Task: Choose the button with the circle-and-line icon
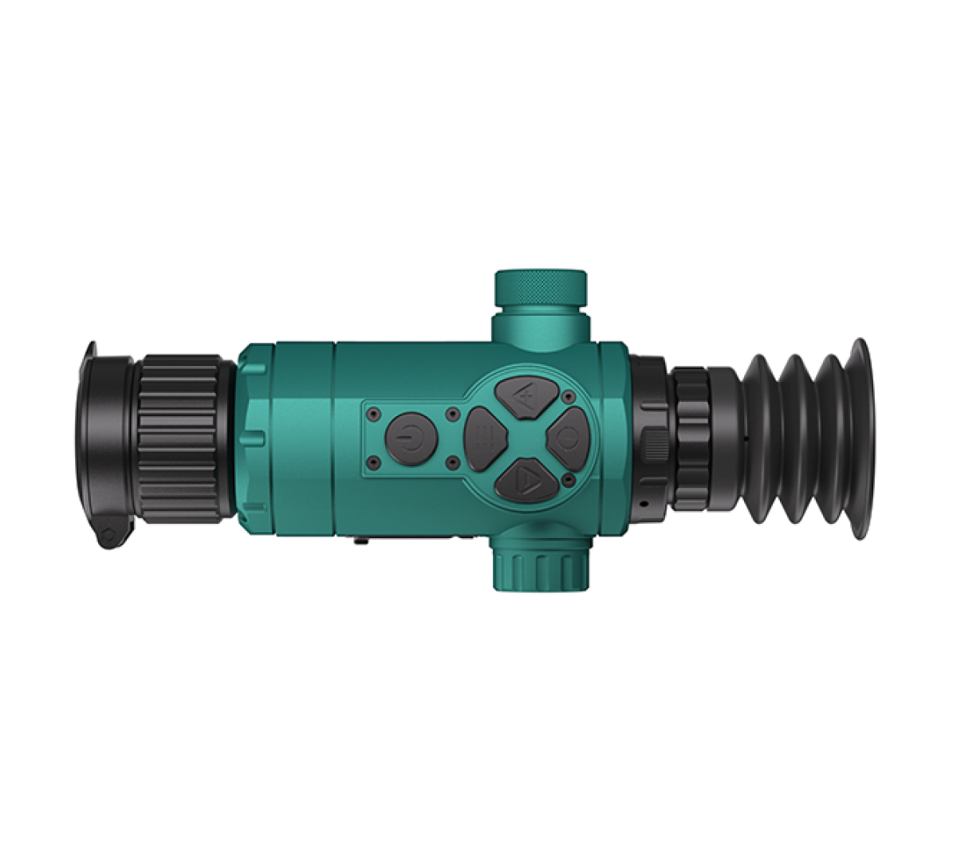click(567, 437)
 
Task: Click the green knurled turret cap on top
click(541, 288)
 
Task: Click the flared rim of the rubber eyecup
click(861, 438)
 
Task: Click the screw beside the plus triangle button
click(568, 396)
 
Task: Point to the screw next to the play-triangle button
click(568, 479)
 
